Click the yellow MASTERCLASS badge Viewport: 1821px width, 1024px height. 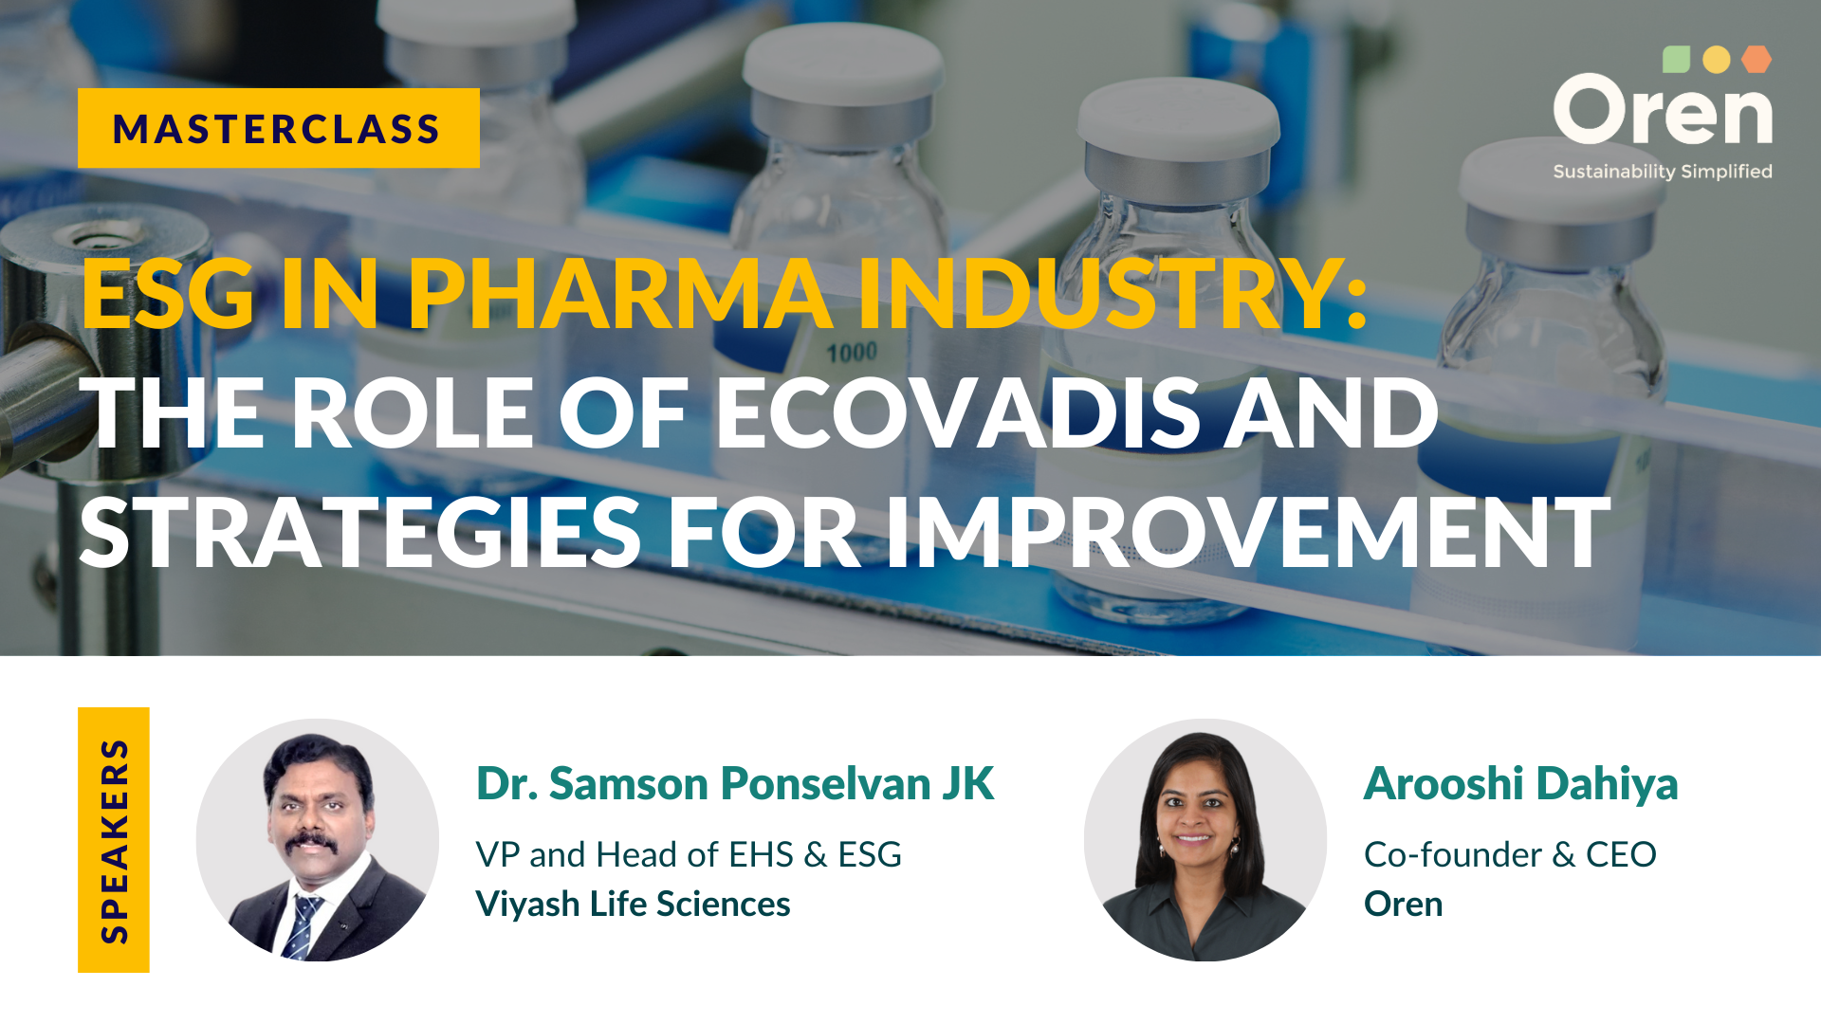pyautogui.click(x=279, y=128)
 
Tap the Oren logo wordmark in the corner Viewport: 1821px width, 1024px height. pyautogui.click(x=1663, y=110)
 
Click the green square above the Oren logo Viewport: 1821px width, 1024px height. pyautogui.click(x=1676, y=59)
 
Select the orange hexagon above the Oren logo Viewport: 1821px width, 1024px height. pyautogui.click(x=1757, y=59)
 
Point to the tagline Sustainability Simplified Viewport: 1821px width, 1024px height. pyautogui.click(x=1663, y=172)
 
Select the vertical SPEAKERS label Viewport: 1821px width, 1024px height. pyautogui.click(x=114, y=840)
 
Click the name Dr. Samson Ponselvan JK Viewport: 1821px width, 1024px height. pyautogui.click(x=735, y=783)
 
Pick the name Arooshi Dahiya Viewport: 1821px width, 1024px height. pyautogui.click(x=1520, y=783)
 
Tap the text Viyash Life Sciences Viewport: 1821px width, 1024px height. pyautogui.click(x=633, y=904)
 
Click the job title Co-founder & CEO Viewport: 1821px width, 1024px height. pyautogui.click(x=1510, y=854)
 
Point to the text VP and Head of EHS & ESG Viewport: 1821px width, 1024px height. pyautogui.click(x=689, y=854)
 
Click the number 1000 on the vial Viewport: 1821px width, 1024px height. pyautogui.click(x=852, y=353)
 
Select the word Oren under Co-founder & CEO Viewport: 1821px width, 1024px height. pyautogui.click(x=1403, y=904)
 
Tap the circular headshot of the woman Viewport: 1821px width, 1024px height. pyautogui.click(x=1205, y=840)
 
